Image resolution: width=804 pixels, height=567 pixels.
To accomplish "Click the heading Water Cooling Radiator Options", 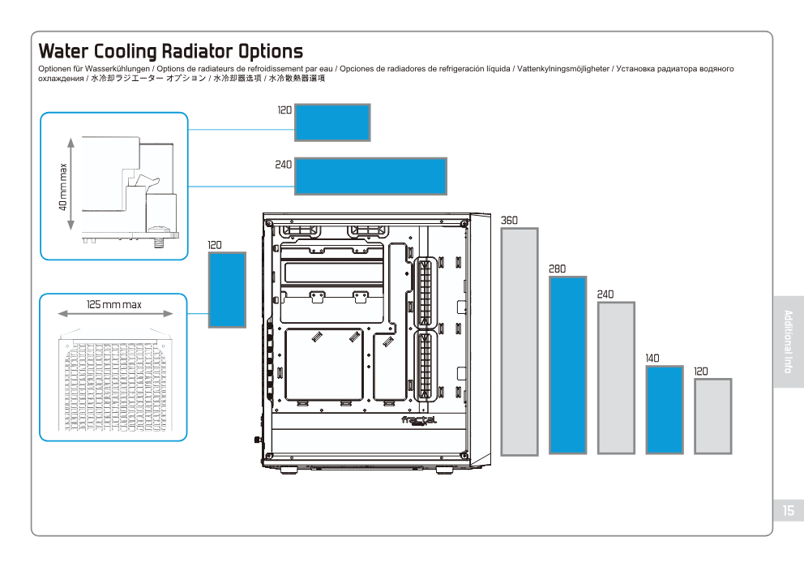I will pos(170,52).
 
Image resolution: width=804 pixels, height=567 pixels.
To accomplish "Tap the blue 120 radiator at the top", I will pos(332,122).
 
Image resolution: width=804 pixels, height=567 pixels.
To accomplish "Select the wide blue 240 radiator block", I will pos(370,176).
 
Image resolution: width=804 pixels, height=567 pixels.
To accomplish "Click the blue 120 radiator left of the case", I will pos(227,289).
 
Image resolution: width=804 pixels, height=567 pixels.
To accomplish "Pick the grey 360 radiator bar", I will pos(520,341).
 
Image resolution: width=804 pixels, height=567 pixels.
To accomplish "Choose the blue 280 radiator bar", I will pos(567,365).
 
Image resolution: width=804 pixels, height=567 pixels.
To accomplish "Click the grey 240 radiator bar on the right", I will pos(616,378).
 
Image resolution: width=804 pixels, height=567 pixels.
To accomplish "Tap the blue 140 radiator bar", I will pos(665,410).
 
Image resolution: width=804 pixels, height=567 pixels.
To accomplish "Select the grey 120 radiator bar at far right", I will pos(713,416).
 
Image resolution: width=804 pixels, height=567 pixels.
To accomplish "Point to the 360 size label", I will pos(509,220).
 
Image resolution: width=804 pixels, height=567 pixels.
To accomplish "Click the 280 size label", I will pos(557,268).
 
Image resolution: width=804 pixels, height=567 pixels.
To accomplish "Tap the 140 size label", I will pos(652,358).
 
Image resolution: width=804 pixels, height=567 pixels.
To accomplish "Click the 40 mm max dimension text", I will pos(63,187).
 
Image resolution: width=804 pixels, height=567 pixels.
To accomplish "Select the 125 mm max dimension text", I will pos(114,305).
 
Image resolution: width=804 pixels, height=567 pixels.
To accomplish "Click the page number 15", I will pos(789,510).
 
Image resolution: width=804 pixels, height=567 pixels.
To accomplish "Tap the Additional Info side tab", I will pos(789,341).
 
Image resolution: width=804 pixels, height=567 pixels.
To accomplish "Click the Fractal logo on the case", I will pos(419,420).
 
